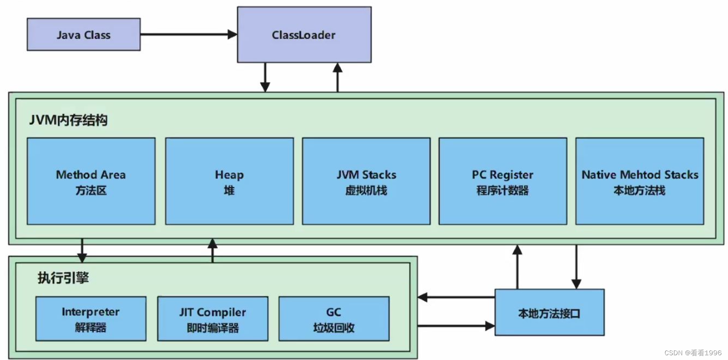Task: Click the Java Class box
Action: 83,34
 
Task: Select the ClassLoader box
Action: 304,34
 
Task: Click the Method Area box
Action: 91,181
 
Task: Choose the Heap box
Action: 229,181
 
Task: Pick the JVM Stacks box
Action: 366,181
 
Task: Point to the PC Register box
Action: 502,181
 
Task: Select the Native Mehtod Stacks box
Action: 639,181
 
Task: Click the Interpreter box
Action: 90,319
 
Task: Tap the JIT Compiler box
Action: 213,319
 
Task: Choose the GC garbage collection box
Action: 334,319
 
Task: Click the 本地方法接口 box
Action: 549,313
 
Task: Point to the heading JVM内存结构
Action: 68,120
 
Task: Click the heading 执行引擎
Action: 63,277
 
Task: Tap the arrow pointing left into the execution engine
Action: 456,297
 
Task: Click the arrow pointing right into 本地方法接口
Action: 456,326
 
